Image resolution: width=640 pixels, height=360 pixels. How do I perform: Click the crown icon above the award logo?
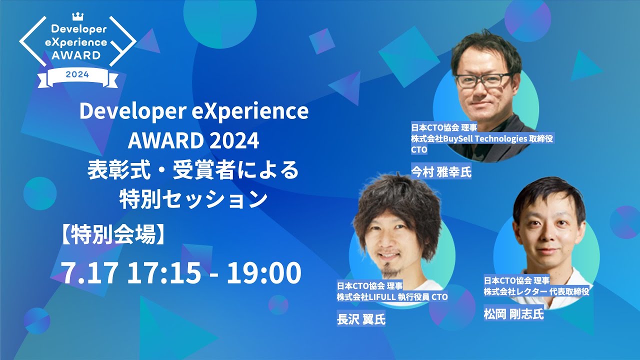[x=77, y=16]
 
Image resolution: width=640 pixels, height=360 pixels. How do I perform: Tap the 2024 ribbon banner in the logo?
[x=77, y=75]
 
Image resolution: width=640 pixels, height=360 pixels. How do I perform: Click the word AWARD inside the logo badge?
[x=77, y=54]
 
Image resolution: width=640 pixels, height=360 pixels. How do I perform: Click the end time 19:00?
[x=264, y=273]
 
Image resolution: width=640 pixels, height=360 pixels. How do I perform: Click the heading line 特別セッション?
[x=193, y=199]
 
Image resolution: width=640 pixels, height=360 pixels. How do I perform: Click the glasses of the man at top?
[x=484, y=80]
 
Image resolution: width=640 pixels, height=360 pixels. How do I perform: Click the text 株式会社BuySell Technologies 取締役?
[x=481, y=138]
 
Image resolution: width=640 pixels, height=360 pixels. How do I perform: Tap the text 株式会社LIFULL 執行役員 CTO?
[x=392, y=297]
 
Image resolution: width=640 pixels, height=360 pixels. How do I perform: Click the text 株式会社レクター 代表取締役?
[x=536, y=291]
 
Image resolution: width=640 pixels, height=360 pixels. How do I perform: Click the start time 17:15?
[x=164, y=273]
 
